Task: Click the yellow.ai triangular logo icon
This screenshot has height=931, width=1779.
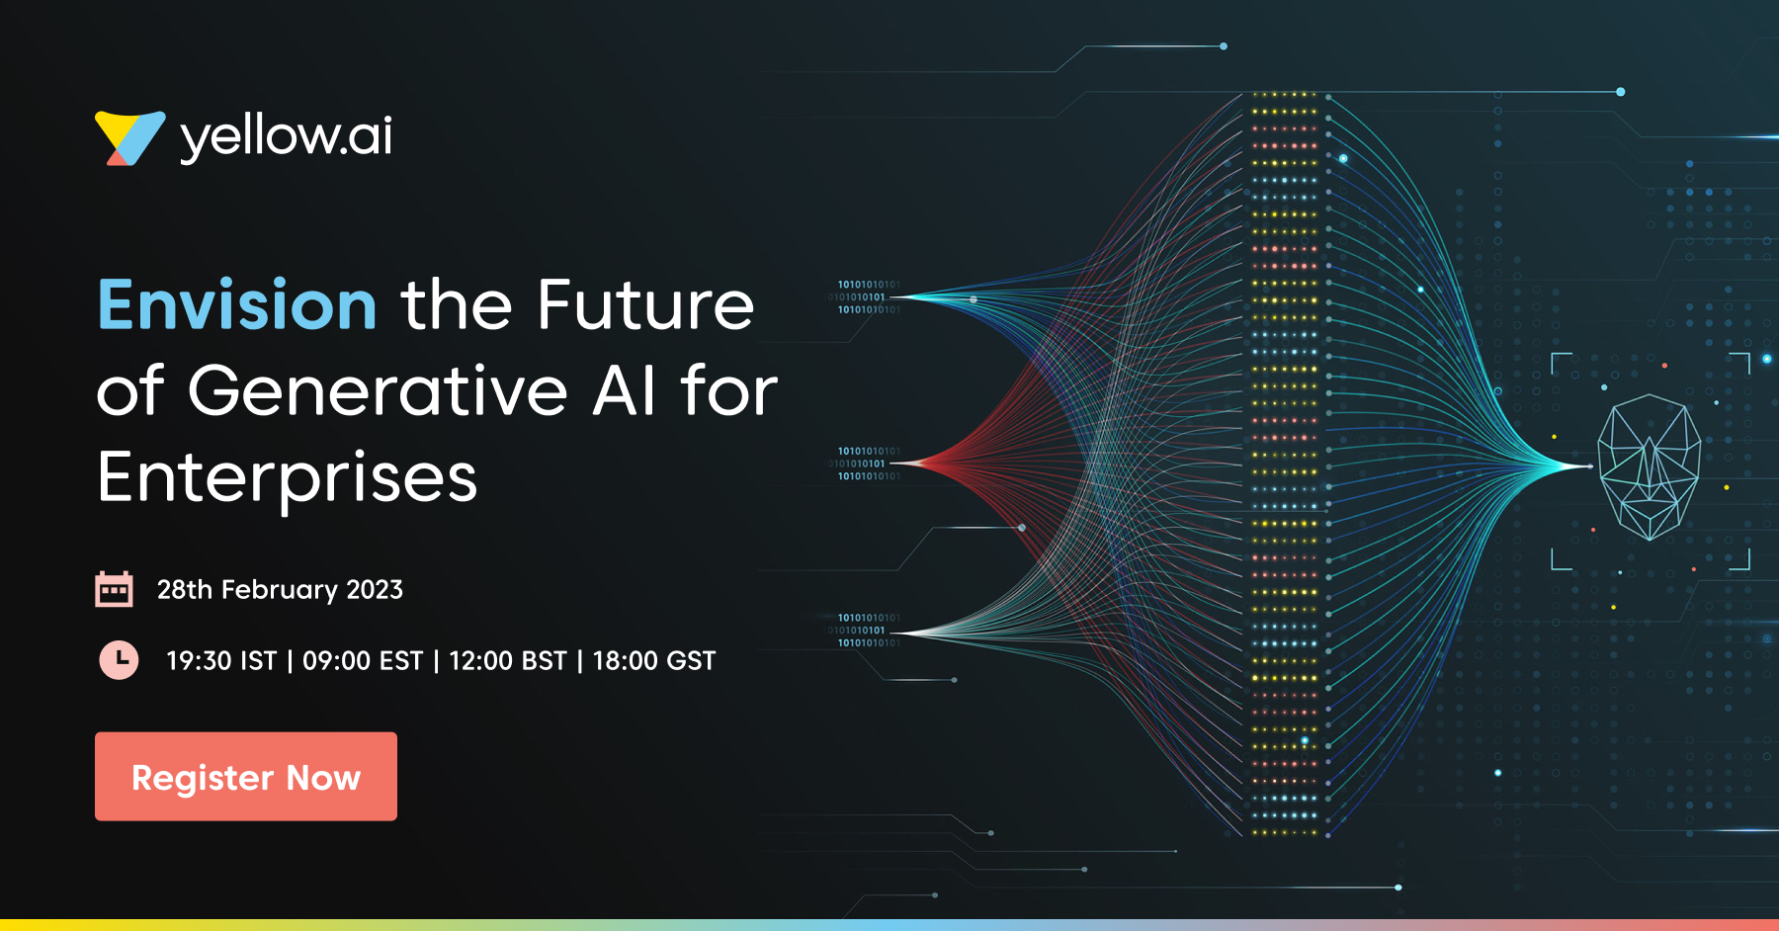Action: pos(128,137)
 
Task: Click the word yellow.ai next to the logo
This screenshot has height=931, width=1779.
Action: pos(287,137)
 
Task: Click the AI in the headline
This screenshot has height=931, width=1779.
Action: pos(624,390)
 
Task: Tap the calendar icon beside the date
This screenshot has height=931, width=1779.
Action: pos(114,589)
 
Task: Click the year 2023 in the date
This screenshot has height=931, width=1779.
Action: pos(375,590)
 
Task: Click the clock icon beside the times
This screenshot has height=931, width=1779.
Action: pos(119,659)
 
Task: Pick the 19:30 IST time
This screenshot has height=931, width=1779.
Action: pos(221,660)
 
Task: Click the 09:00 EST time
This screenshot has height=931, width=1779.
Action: pos(363,660)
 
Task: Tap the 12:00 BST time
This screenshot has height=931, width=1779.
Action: pos(508,660)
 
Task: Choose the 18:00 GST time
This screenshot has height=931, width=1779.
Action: pos(654,660)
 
